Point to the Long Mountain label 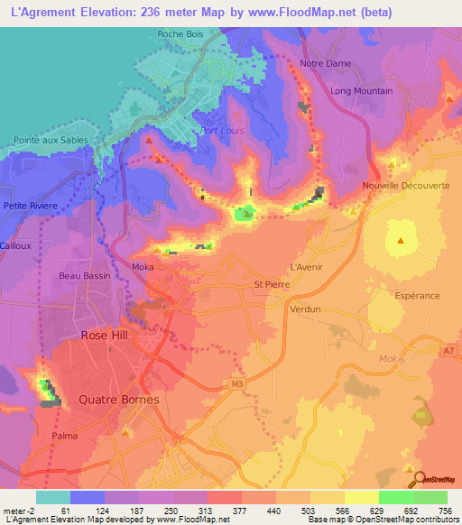(361, 91)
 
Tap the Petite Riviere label (31, 206)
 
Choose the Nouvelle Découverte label (404, 186)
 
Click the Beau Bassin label (82, 275)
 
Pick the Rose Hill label (106, 335)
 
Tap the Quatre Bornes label (119, 400)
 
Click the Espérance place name (417, 295)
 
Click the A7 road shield (448, 348)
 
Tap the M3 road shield (236, 385)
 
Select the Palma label (64, 436)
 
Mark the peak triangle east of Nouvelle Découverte (401, 240)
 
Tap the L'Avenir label (306, 268)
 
